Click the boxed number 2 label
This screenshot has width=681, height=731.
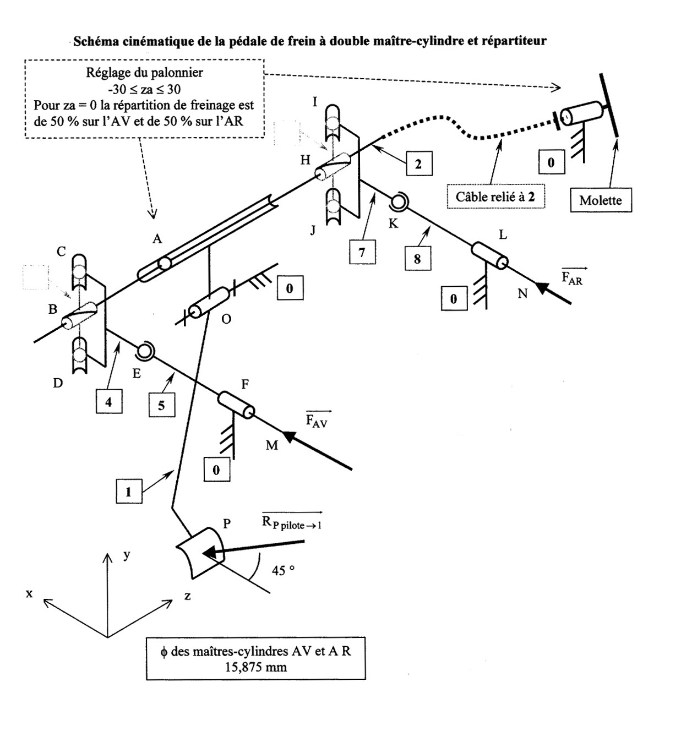pyautogui.click(x=418, y=163)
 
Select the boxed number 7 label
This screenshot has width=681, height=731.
pyautogui.click(x=362, y=252)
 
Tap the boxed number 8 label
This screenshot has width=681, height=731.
pyautogui.click(x=417, y=258)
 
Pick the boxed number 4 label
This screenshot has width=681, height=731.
pyautogui.click(x=108, y=402)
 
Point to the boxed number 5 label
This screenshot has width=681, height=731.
pyautogui.click(x=161, y=406)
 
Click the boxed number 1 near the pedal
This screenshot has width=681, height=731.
pyautogui.click(x=129, y=491)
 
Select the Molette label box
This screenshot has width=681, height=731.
pyautogui.click(x=600, y=200)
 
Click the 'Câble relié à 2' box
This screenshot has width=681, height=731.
pyautogui.click(x=495, y=197)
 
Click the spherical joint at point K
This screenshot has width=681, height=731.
pyautogui.click(x=397, y=203)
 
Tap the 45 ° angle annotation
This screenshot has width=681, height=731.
pyautogui.click(x=283, y=571)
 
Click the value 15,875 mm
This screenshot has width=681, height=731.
pyautogui.click(x=255, y=667)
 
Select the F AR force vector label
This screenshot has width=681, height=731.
pyautogui.click(x=572, y=277)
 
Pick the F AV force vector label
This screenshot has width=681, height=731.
pyautogui.click(x=317, y=421)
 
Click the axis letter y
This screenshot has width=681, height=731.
pyautogui.click(x=127, y=554)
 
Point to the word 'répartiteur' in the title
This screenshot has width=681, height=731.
pyautogui.click(x=514, y=41)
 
